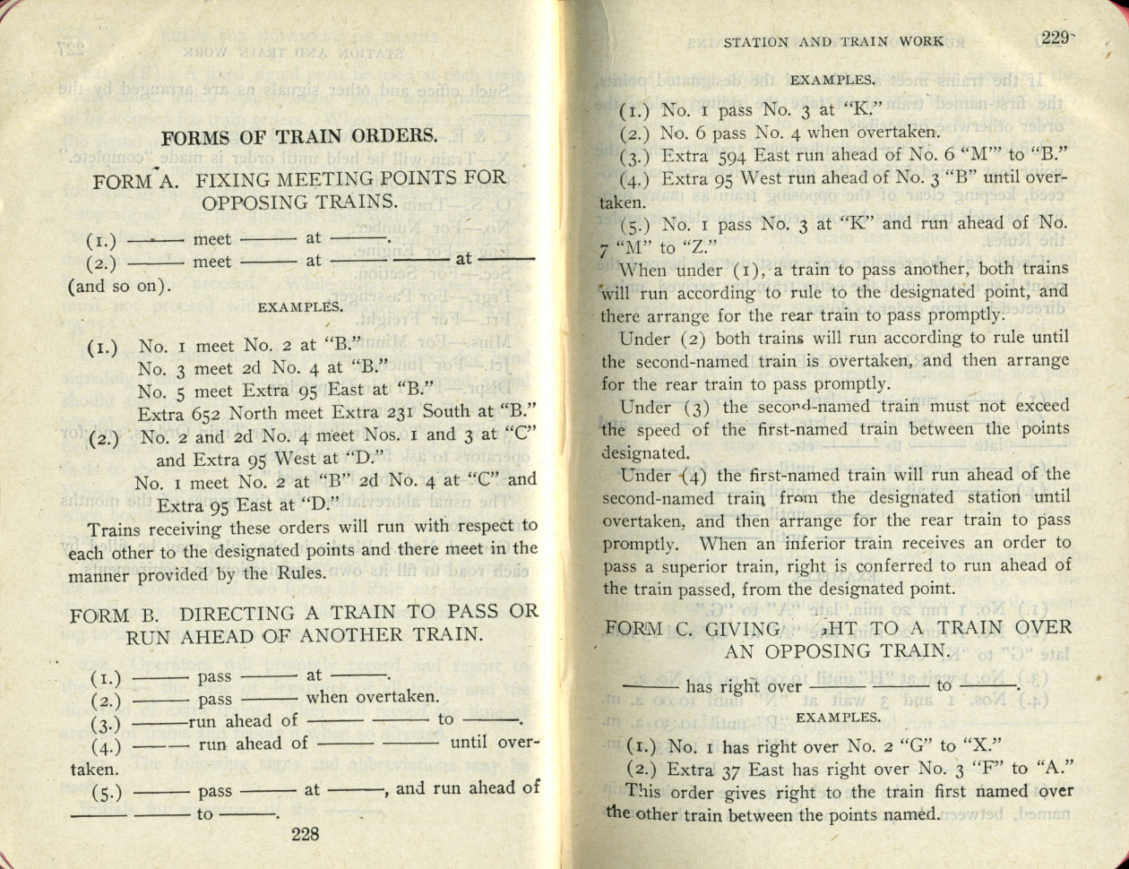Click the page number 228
coord(306,834)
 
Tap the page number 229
coord(1056,38)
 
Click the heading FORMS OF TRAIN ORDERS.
coord(299,137)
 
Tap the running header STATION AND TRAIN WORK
coord(832,40)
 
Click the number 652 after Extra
coord(207,413)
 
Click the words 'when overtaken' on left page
coord(372,697)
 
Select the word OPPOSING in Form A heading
coord(248,202)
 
